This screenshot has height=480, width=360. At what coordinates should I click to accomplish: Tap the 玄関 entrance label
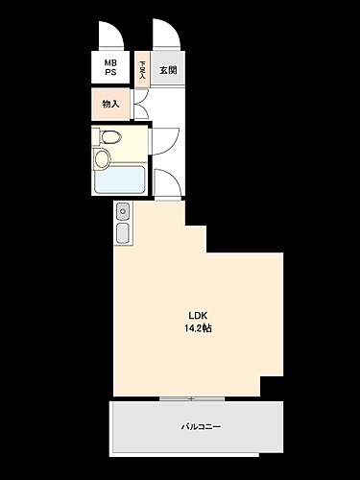pos(166,69)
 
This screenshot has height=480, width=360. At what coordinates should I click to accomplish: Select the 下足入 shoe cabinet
pos(142,69)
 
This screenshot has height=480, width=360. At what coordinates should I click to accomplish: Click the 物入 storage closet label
pos(110,104)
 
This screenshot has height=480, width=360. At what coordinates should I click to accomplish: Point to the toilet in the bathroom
pos(108,138)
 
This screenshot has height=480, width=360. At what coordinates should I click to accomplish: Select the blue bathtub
pos(120,181)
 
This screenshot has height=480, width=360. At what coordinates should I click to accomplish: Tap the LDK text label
pos(198,316)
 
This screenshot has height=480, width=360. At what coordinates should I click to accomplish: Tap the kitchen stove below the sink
pos(123,233)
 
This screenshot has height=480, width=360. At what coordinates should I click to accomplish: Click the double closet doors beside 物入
pos(141,104)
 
